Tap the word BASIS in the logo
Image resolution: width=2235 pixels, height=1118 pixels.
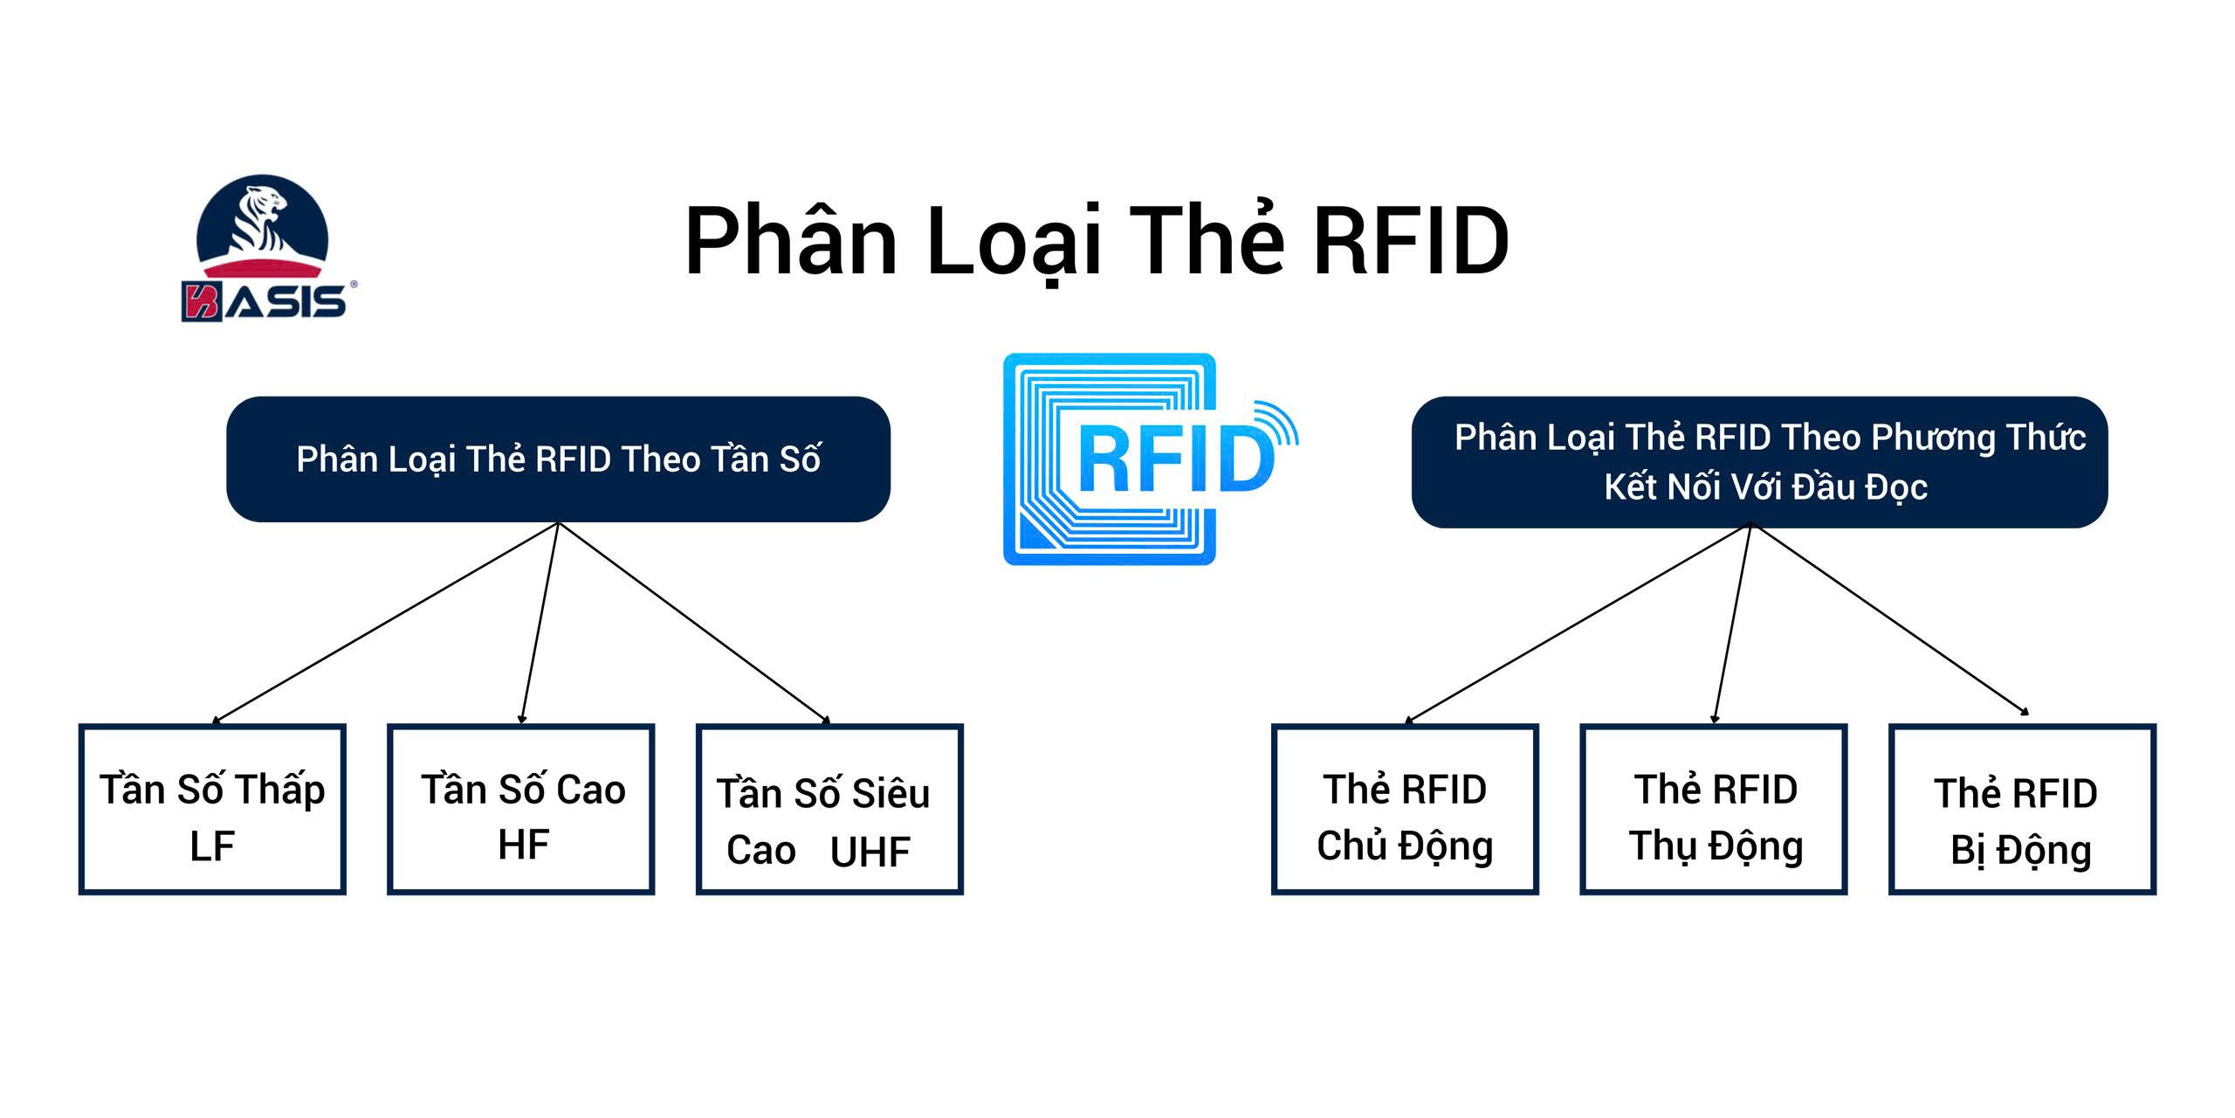pos(265,301)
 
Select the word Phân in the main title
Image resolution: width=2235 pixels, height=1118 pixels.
pos(790,240)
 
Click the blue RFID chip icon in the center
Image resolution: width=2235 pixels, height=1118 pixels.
pos(1110,459)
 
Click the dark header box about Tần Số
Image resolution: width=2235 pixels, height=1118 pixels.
pos(558,459)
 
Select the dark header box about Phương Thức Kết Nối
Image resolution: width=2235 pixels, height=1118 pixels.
pos(1759,462)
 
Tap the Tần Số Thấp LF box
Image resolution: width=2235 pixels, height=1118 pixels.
pos(212,809)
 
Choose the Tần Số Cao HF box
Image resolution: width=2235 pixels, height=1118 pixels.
pos(521,809)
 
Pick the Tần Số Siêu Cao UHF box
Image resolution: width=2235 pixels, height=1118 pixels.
pos(829,809)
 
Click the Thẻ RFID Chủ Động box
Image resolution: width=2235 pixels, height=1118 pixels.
pos(1405,809)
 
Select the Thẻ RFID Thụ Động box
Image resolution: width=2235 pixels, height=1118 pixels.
pos(1714,809)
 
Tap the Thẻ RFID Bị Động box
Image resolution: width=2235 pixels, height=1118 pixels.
pos(2022,809)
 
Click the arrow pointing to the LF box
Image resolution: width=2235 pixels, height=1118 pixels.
pos(384,624)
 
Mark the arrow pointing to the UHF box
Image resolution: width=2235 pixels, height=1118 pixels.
pos(694,624)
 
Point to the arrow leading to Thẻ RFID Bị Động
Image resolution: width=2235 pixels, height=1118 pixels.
pos(1890,622)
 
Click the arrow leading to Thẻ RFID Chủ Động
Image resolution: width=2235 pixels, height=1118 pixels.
pos(1576,624)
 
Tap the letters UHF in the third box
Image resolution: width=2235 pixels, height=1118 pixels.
pos(870,852)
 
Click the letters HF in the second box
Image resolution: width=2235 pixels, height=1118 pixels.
pos(523,845)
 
